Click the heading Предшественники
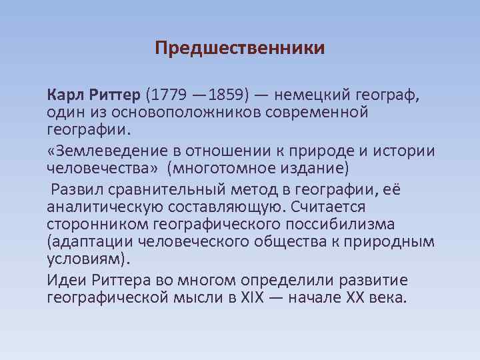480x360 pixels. tap(240, 49)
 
